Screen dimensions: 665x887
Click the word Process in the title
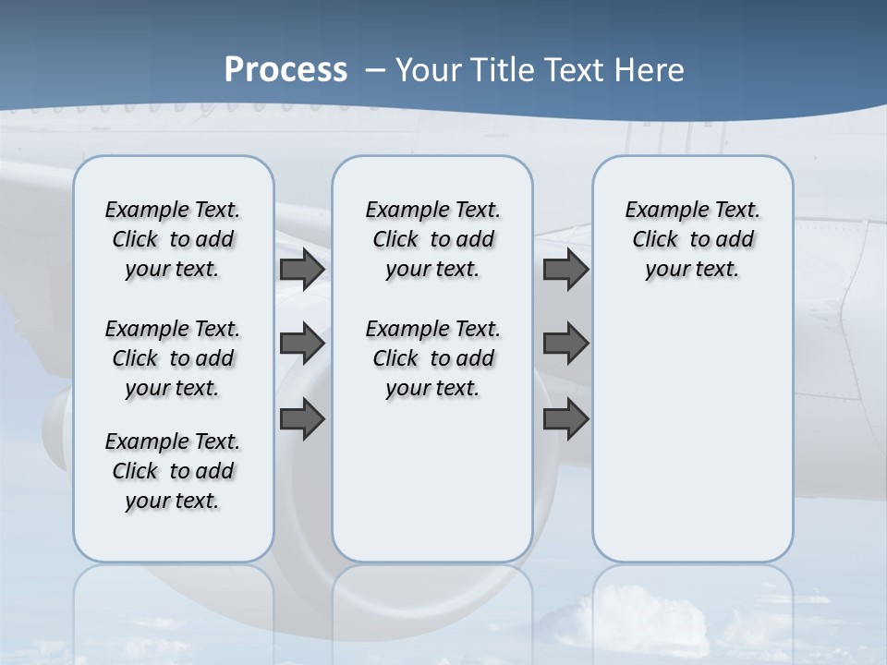(286, 70)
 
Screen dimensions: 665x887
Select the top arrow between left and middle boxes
(302, 270)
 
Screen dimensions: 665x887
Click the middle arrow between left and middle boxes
(302, 344)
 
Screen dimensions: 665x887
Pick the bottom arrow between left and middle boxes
(302, 418)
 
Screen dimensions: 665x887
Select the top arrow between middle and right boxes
(565, 270)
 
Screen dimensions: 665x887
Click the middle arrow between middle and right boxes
(565, 344)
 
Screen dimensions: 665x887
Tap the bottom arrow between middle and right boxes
(565, 418)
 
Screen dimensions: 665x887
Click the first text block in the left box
(173, 239)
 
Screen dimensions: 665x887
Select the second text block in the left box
(173, 358)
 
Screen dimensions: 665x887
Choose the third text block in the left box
(173, 471)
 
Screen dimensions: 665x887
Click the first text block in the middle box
(432, 239)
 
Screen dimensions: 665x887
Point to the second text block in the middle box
(432, 358)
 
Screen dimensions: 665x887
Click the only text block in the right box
(692, 239)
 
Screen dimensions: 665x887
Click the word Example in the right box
(659, 211)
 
